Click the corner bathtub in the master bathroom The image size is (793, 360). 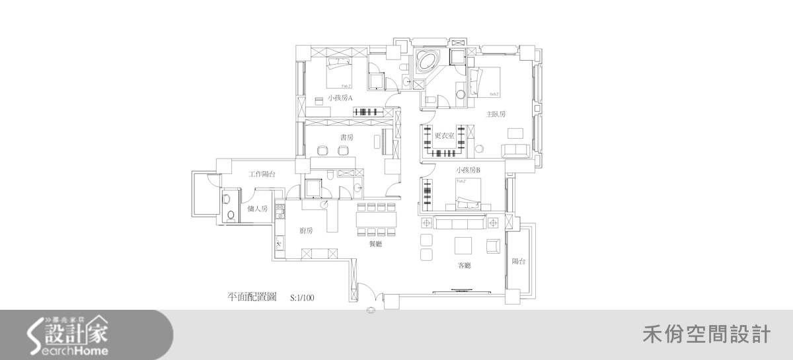[426, 62]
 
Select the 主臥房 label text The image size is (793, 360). [496, 114]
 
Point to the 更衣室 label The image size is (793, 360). [444, 137]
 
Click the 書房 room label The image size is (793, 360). [346, 137]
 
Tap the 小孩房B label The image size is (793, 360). [467, 170]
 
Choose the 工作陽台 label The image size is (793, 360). [262, 174]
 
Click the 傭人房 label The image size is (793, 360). [257, 209]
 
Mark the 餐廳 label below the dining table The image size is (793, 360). [376, 244]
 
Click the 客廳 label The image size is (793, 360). [464, 266]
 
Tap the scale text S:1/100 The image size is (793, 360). [302, 298]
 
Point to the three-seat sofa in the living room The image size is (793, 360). [461, 221]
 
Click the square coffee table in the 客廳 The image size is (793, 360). [463, 246]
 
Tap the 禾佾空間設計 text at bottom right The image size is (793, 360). [706, 334]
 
